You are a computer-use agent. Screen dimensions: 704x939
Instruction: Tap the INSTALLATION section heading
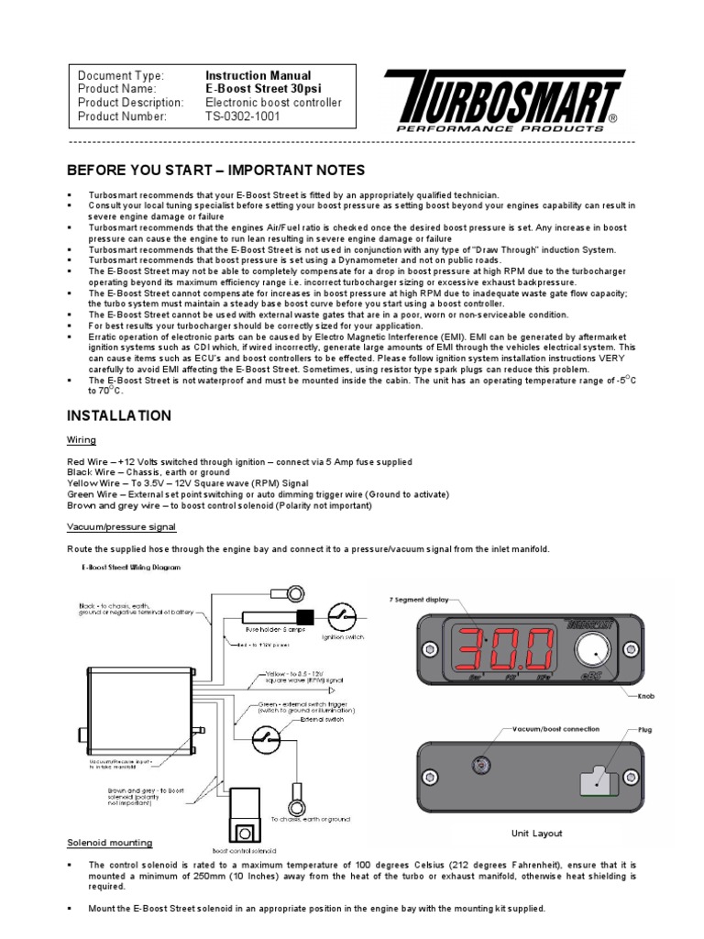(x=119, y=415)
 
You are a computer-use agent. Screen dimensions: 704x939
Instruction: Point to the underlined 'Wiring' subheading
(x=82, y=440)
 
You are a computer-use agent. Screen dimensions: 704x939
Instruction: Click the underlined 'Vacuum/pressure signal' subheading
(x=122, y=527)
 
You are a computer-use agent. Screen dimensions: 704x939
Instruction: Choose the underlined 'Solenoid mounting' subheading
(x=110, y=843)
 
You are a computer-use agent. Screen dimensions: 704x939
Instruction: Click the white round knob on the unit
(x=593, y=652)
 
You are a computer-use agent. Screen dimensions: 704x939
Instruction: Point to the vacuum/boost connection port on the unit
(x=478, y=765)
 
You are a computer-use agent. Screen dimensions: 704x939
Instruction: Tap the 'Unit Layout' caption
(x=536, y=834)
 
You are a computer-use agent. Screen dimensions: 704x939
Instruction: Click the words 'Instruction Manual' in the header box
(x=258, y=75)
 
